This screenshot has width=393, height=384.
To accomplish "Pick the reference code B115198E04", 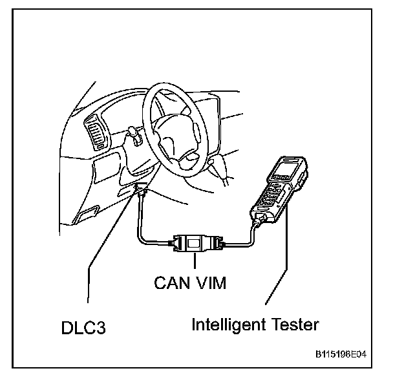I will click(345, 354).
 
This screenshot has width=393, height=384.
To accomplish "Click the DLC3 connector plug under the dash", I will click(142, 193).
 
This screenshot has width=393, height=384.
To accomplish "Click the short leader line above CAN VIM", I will click(195, 262).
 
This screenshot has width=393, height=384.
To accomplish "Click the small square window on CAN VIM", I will click(195, 244).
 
